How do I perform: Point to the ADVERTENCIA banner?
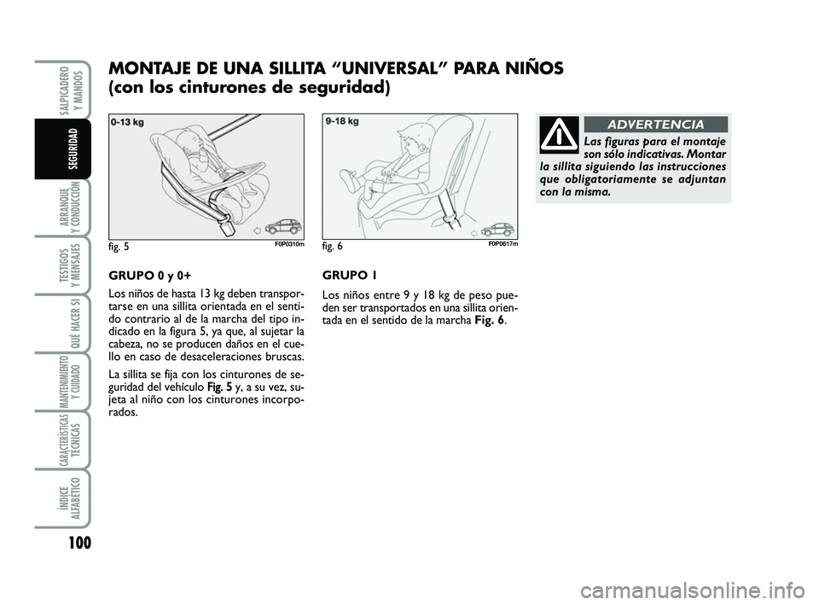(655, 125)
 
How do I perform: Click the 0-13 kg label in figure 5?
(127, 122)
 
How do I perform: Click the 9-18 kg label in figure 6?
(342, 121)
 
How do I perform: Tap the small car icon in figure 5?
(284, 228)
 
